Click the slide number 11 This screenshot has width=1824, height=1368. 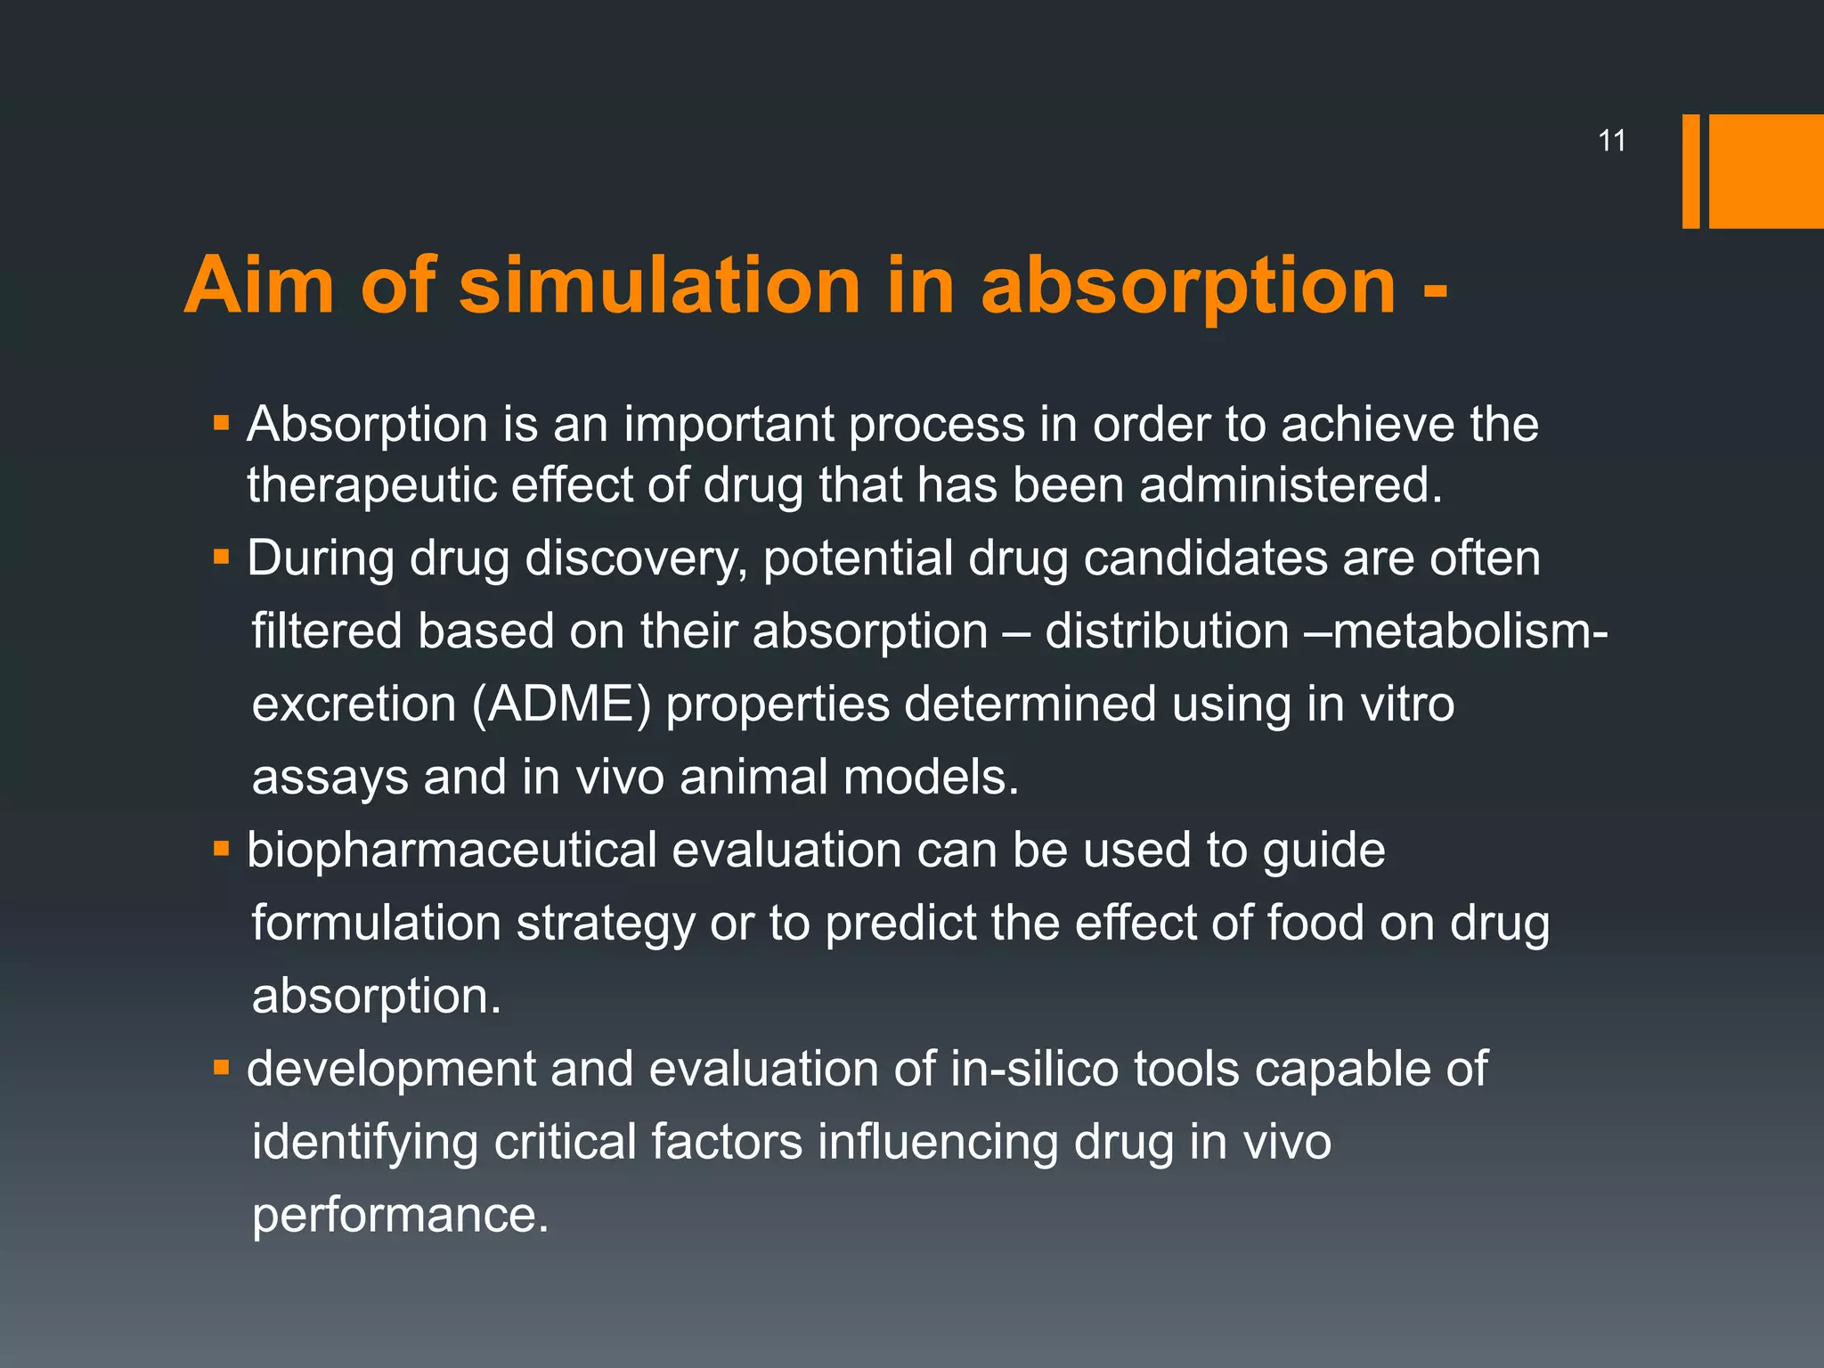point(1612,141)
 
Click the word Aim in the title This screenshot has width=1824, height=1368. point(259,286)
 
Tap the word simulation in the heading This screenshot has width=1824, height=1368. point(659,286)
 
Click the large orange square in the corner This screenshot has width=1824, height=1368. point(1766,171)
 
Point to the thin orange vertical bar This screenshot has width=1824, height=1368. point(1690,171)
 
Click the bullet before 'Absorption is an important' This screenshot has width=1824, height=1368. point(222,423)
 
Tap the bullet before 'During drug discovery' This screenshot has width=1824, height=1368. point(222,558)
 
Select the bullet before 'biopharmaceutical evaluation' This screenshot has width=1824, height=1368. point(222,850)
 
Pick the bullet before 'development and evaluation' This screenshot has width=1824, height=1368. point(222,1068)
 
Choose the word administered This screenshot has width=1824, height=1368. point(1291,485)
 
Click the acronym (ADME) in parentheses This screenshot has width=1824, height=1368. point(561,704)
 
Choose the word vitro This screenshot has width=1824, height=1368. point(1407,704)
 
